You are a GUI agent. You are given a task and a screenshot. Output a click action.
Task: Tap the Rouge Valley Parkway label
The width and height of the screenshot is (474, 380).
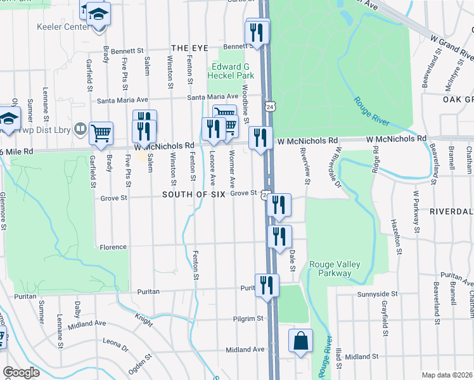click(x=330, y=269)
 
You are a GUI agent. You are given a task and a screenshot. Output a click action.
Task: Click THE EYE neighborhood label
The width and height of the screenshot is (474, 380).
click(x=189, y=48)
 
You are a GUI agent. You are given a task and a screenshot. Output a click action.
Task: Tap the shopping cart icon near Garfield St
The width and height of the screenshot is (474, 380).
click(x=101, y=132)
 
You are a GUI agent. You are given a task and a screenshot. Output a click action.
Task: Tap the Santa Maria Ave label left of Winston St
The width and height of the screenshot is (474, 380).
click(x=122, y=100)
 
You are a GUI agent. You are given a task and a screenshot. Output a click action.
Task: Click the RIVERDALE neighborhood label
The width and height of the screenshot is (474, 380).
click(x=451, y=210)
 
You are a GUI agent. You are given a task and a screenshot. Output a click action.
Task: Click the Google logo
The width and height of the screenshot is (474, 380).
click(x=21, y=372)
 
